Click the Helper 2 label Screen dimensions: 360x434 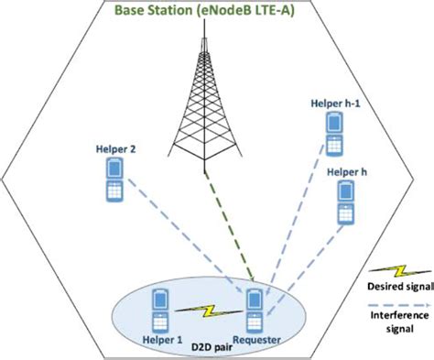(x=114, y=147)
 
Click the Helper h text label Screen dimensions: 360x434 (x=347, y=171)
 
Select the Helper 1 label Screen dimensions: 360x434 (x=164, y=338)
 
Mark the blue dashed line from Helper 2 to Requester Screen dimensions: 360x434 (x=183, y=234)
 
